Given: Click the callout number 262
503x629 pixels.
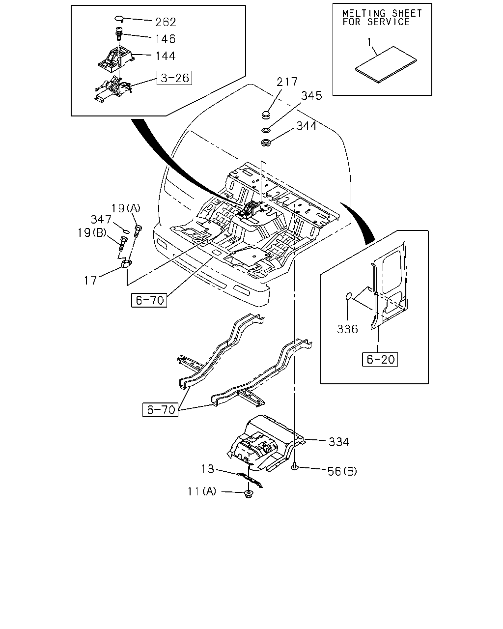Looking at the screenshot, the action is pyautogui.click(x=166, y=22).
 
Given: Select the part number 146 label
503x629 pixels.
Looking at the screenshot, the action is pyautogui.click(x=166, y=39).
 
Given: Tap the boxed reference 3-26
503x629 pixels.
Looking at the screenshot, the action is pyautogui.click(x=174, y=78).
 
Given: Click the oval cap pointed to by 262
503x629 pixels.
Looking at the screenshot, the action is pyautogui.click(x=119, y=19).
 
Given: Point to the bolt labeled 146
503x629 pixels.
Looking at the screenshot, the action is pyautogui.click(x=118, y=33).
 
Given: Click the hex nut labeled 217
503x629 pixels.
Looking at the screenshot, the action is pyautogui.click(x=266, y=115).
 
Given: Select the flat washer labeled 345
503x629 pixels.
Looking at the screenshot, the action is pyautogui.click(x=266, y=130).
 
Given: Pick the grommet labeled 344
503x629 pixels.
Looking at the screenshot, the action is pyautogui.click(x=266, y=143).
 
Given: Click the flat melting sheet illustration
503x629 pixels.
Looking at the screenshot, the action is pyautogui.click(x=386, y=64).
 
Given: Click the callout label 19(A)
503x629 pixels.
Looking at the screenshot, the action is pyautogui.click(x=126, y=208).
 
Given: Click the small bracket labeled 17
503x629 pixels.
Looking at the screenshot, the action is pyautogui.click(x=126, y=263).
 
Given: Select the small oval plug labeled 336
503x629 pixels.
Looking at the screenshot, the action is pyautogui.click(x=348, y=296).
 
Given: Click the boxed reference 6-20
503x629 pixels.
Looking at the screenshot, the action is pyautogui.click(x=380, y=359).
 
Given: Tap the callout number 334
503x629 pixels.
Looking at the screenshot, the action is pyautogui.click(x=339, y=442).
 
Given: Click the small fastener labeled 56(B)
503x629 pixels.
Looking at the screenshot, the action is pyautogui.click(x=295, y=467).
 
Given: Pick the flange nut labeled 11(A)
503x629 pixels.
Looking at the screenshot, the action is pyautogui.click(x=249, y=494).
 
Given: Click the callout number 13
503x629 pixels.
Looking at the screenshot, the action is pyautogui.click(x=208, y=469).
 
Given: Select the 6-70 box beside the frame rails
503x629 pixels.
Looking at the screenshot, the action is pyautogui.click(x=161, y=410).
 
